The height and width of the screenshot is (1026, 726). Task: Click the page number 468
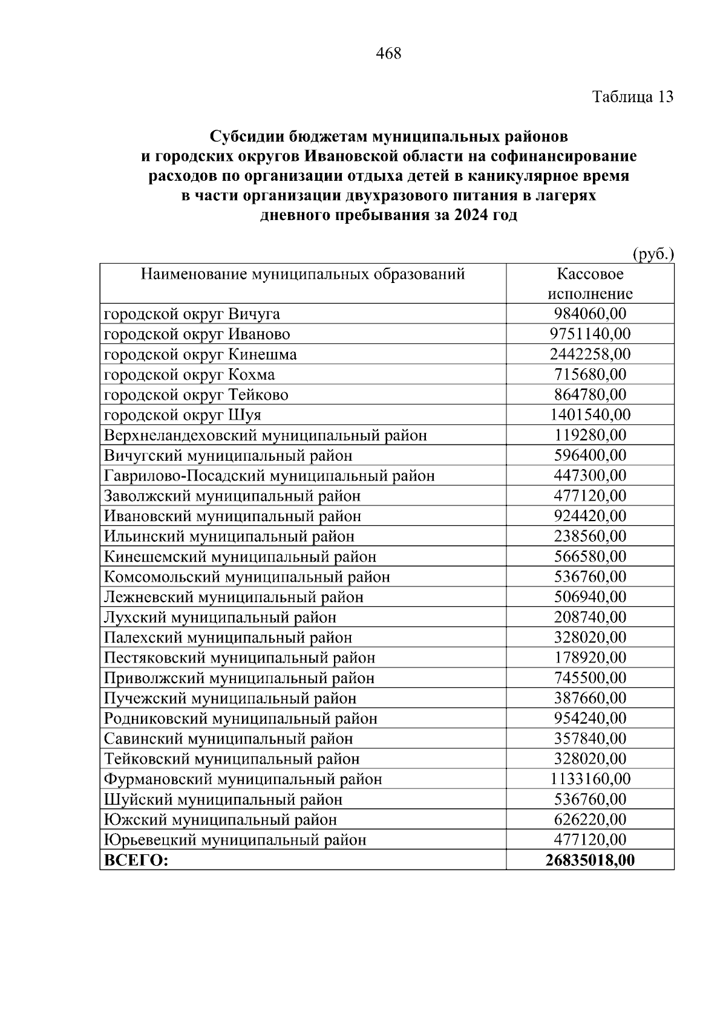coord(388,54)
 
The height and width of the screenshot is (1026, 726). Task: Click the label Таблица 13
coord(632,97)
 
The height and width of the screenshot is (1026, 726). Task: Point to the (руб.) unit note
coord(653,255)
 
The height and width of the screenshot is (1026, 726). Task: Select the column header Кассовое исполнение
coord(590,284)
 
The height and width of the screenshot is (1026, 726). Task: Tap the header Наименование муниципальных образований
coord(302,274)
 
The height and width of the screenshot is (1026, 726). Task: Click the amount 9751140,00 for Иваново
coord(590,334)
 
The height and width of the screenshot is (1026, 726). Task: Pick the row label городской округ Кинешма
coord(200,354)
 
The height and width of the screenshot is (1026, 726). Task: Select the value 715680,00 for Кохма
coord(590,375)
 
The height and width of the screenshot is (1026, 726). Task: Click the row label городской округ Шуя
coord(183,415)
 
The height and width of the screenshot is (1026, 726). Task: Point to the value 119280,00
coord(590,435)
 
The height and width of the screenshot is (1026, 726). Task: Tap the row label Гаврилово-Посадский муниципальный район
coord(269,476)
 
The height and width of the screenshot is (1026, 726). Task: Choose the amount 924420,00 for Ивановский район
coord(590,516)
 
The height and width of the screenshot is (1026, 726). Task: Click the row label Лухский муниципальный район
coord(220,617)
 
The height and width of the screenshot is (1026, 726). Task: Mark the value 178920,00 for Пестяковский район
coord(590,658)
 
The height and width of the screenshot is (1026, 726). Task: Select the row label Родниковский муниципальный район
coord(241,718)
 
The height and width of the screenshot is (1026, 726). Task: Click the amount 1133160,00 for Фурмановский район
coord(590,779)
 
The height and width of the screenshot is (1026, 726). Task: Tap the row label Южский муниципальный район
coord(221,820)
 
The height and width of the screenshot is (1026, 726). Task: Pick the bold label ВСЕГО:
coord(136,860)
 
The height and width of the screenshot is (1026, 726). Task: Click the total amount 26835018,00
coord(590,860)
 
